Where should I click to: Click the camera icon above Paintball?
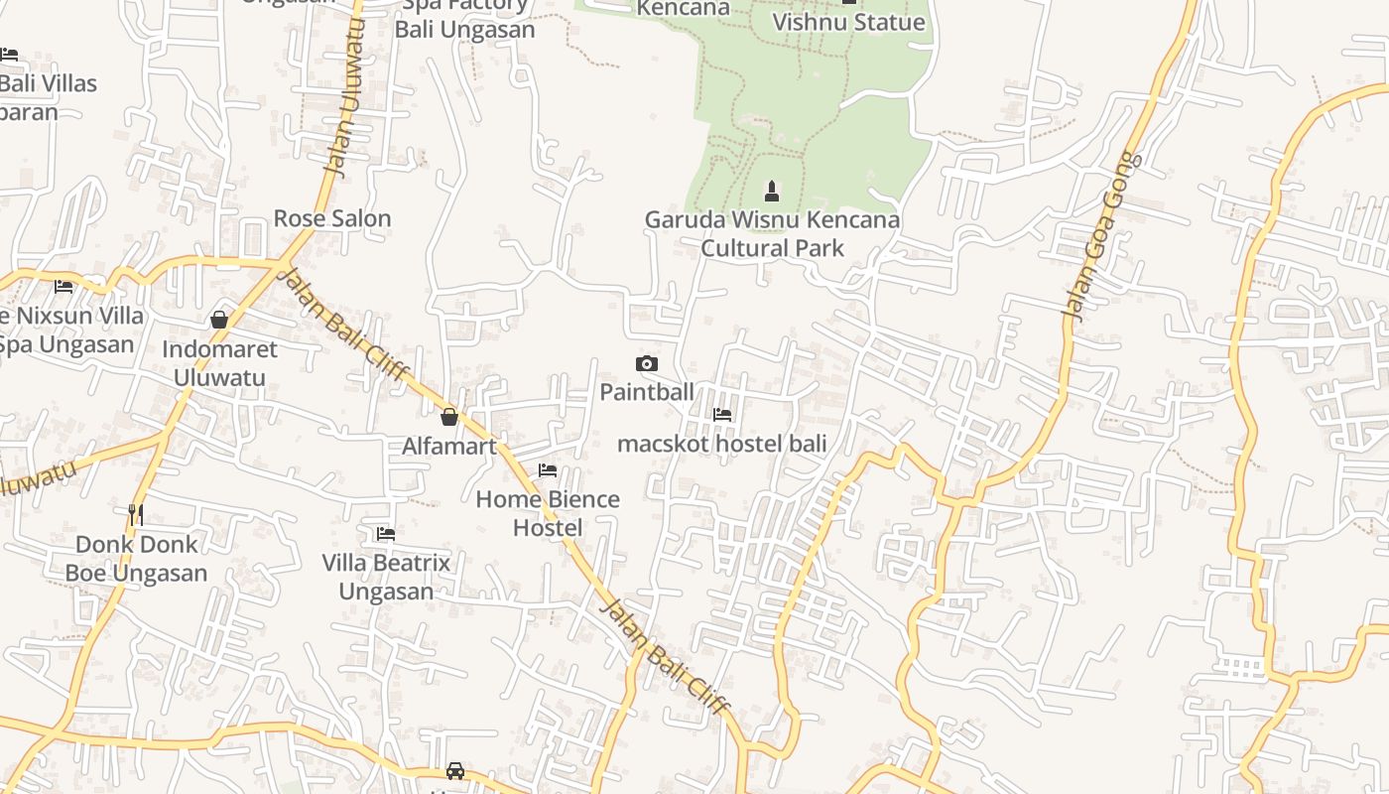pyautogui.click(x=646, y=364)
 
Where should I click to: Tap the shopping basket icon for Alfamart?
pyautogui.click(x=448, y=417)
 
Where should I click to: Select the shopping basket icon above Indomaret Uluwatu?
pyautogui.click(x=219, y=320)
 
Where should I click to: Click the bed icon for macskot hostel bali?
pyautogui.click(x=722, y=415)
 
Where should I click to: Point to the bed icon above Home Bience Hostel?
pyautogui.click(x=548, y=470)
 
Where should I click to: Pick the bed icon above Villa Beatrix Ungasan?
pyautogui.click(x=386, y=534)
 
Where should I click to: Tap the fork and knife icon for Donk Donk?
pyautogui.click(x=136, y=514)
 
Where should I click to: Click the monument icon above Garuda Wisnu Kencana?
pyautogui.click(x=772, y=191)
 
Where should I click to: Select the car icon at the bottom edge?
pyautogui.click(x=455, y=770)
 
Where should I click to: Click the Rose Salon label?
pyautogui.click(x=332, y=218)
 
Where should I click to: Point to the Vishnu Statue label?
pyautogui.click(x=848, y=22)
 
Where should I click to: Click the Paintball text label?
pyautogui.click(x=647, y=392)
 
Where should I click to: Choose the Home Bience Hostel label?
pyautogui.click(x=548, y=513)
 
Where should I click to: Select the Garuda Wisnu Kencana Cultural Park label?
pyautogui.click(x=772, y=233)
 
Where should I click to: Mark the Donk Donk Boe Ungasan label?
pyautogui.click(x=137, y=559)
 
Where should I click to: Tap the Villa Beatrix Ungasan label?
pyautogui.click(x=386, y=577)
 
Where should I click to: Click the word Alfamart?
pyautogui.click(x=448, y=447)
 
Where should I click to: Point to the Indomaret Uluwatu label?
pyautogui.click(x=219, y=363)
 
